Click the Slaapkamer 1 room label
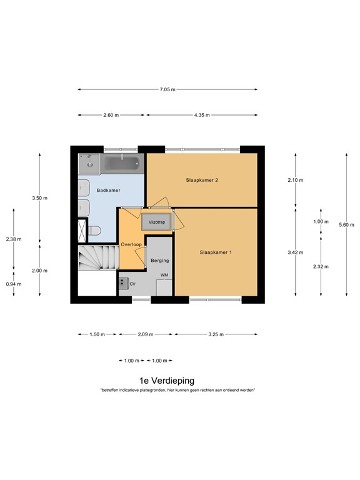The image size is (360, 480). pos(216,252)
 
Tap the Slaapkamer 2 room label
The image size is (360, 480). pos(202,180)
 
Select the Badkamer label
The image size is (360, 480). pos(108,189)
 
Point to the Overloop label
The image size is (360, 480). pos(131,244)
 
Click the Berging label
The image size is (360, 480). pos(160,260)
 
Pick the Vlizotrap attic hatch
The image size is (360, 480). pos(156,221)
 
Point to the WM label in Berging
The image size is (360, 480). pos(164,275)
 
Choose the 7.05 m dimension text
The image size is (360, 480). pos(167,89)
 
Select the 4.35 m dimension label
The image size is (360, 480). pos(202,115)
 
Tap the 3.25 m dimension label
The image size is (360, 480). pos(216,334)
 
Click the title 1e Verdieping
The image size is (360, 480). pos(167,380)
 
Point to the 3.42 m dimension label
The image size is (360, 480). pos(295,252)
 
